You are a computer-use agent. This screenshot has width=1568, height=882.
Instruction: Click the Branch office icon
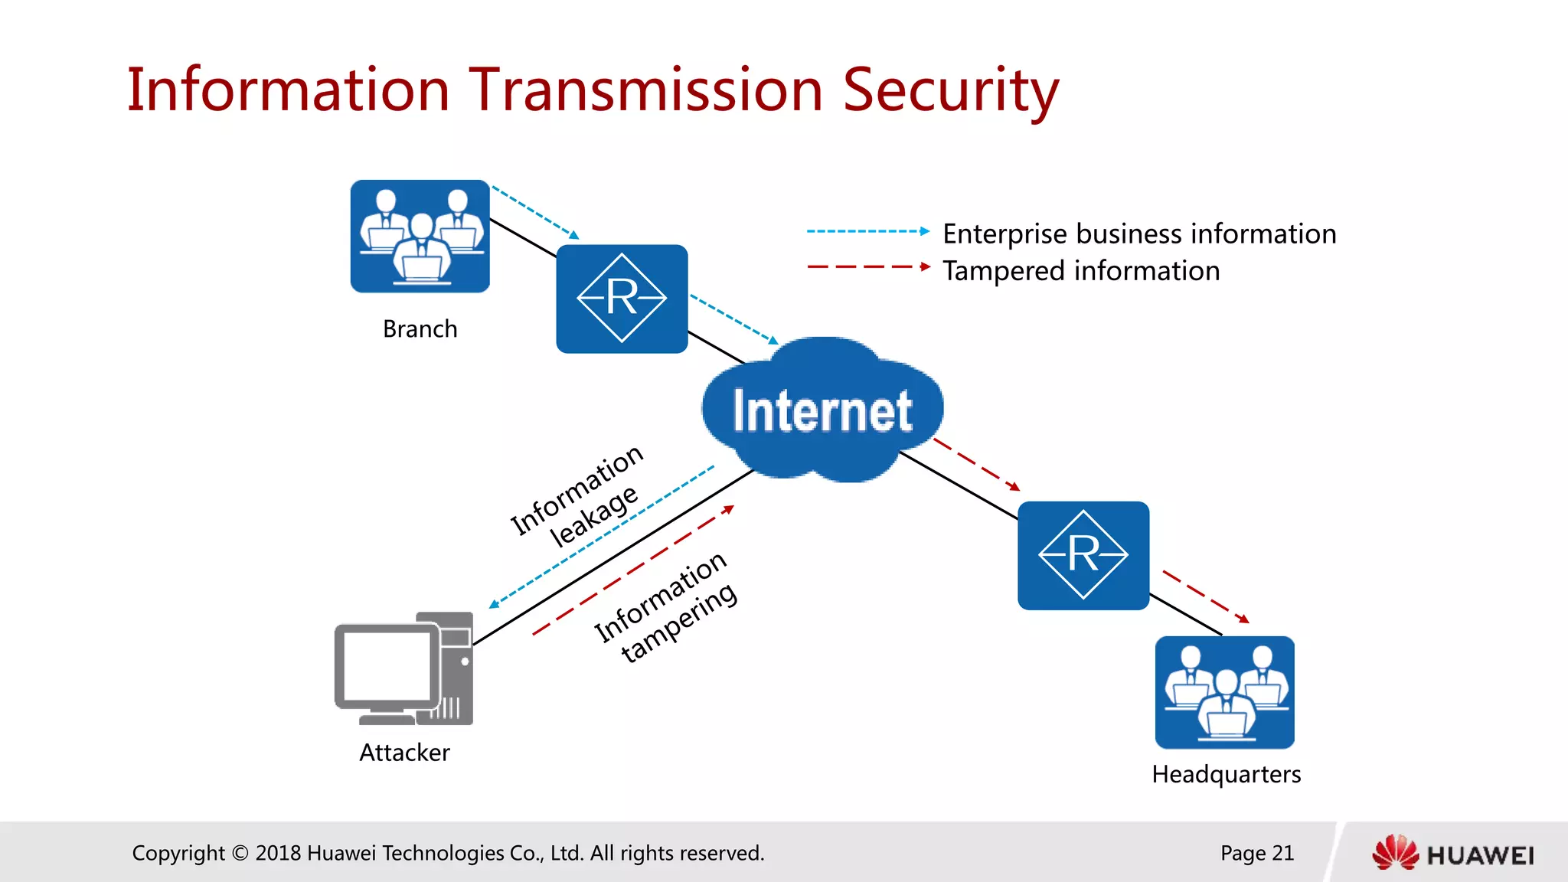(x=420, y=236)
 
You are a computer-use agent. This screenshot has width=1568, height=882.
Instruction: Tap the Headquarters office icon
(x=1224, y=692)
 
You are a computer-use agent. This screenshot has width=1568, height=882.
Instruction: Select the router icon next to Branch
(x=622, y=299)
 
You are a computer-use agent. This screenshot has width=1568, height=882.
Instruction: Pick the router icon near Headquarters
(x=1083, y=555)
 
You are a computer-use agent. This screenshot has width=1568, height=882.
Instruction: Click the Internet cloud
(x=822, y=410)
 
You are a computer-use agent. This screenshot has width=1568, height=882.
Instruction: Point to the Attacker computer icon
(x=403, y=668)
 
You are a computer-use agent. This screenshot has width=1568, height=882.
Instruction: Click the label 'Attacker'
(x=404, y=753)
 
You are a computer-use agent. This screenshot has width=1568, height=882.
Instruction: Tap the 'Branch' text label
(x=420, y=329)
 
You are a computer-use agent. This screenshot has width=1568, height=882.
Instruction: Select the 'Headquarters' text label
(x=1226, y=775)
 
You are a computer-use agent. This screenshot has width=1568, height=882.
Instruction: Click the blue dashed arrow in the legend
(x=867, y=230)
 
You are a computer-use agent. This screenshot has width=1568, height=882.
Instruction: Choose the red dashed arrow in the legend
(x=867, y=267)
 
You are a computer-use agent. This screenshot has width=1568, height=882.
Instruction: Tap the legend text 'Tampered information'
(x=1080, y=271)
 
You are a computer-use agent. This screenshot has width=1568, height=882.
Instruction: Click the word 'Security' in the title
(x=950, y=90)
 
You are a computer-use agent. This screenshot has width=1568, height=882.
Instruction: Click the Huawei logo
(x=1452, y=853)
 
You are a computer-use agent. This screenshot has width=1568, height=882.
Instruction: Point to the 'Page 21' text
(x=1256, y=853)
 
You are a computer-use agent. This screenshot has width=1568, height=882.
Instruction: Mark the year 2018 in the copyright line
(x=278, y=853)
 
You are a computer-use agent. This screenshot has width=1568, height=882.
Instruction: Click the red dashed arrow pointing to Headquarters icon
(x=1205, y=596)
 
